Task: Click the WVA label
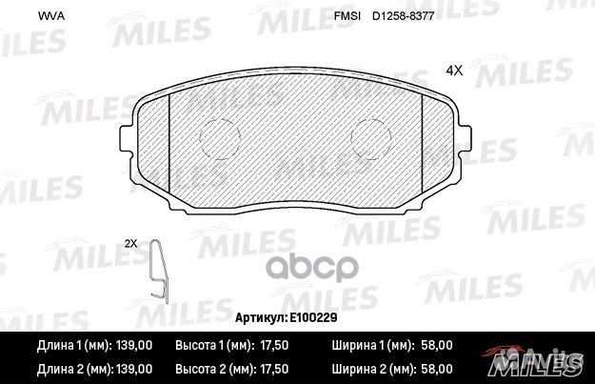(51, 16)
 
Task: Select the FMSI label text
(347, 16)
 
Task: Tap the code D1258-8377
(403, 16)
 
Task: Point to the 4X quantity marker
(454, 71)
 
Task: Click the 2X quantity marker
(131, 244)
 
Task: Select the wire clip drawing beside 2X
(159, 272)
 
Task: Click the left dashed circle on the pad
(220, 138)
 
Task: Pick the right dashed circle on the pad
(371, 137)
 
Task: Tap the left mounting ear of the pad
(126, 138)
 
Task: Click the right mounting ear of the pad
(466, 138)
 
